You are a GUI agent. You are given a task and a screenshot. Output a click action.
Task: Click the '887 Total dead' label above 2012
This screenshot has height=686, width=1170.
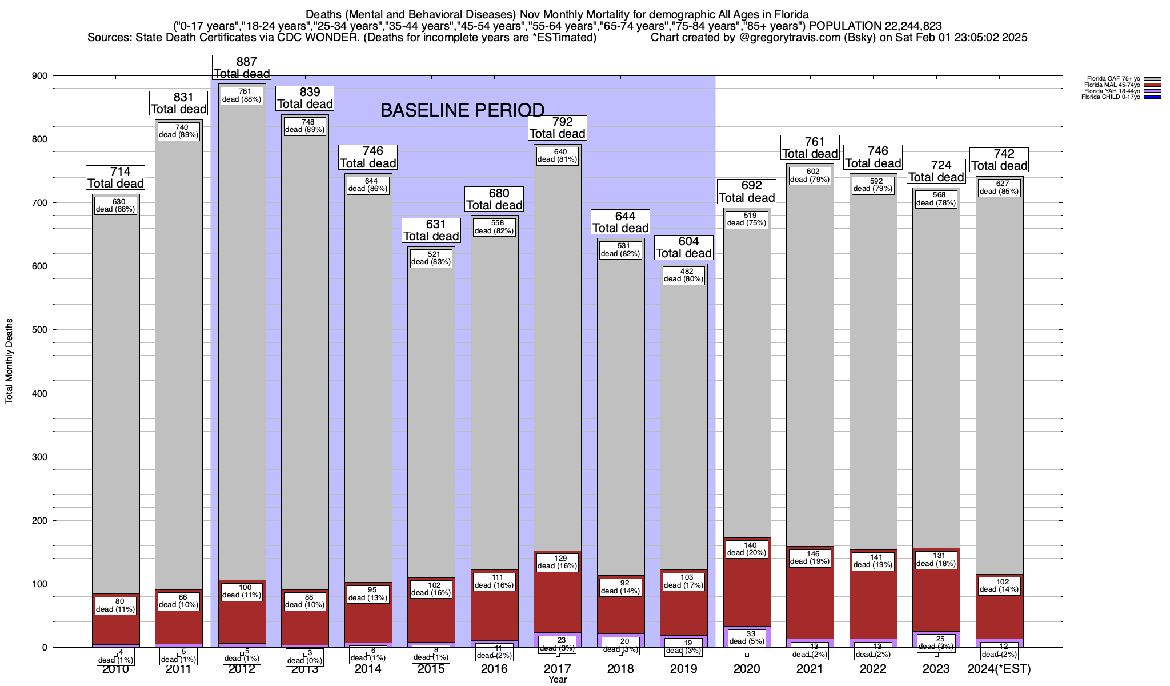242,67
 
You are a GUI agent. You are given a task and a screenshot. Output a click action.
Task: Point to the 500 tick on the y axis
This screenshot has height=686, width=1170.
39,330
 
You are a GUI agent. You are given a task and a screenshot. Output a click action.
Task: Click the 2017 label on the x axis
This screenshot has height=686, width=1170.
558,669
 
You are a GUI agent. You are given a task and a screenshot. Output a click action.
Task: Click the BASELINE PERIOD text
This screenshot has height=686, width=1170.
462,110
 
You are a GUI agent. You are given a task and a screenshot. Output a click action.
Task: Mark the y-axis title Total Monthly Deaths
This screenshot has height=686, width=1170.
9,361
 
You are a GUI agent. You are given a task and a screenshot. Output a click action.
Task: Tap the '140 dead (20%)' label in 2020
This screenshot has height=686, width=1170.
747,549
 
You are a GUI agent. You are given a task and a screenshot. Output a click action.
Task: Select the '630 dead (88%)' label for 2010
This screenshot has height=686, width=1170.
115,205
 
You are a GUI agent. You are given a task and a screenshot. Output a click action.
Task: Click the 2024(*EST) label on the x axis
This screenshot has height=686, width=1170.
999,669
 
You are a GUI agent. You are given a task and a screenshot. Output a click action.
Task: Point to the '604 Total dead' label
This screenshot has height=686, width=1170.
684,248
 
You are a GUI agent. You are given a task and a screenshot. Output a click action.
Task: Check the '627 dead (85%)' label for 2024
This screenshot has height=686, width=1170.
999,188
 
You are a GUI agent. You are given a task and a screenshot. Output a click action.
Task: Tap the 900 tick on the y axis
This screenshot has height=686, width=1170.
39,76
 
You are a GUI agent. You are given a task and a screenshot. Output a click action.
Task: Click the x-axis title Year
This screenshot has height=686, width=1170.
558,679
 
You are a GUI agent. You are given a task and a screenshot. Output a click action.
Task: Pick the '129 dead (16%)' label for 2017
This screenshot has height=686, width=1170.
558,562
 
